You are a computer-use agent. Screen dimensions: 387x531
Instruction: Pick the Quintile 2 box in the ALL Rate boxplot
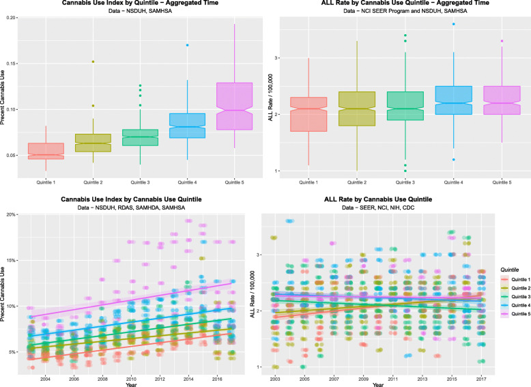(x=347, y=109)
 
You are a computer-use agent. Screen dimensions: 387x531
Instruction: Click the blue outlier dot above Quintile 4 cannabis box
(x=187, y=45)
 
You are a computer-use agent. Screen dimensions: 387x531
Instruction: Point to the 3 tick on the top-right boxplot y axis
(x=276, y=58)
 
